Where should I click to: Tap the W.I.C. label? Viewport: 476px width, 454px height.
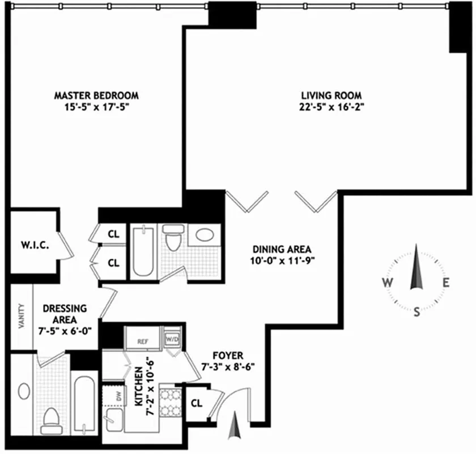click(x=33, y=246)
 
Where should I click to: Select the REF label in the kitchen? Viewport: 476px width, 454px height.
click(x=142, y=342)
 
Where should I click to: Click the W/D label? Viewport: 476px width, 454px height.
click(x=172, y=339)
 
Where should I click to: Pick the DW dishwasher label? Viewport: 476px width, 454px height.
click(x=119, y=397)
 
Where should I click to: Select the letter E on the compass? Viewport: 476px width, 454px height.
click(x=446, y=283)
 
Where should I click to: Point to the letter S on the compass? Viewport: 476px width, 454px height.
click(x=417, y=311)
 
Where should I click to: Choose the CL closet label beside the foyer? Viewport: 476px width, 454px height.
click(x=197, y=403)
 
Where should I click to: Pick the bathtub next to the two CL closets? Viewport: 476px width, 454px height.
click(x=143, y=250)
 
